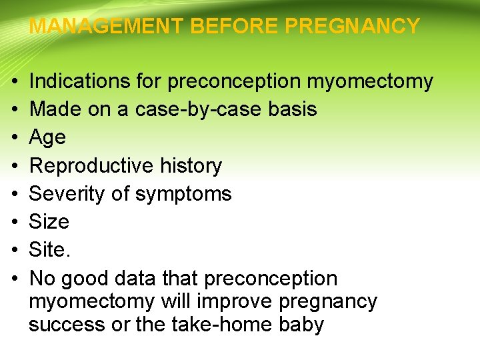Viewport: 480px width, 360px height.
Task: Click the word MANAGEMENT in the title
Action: point(107,27)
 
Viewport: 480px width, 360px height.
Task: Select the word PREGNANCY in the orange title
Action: point(353,27)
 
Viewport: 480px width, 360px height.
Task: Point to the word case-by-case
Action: point(199,109)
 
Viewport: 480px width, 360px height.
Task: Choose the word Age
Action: point(48,138)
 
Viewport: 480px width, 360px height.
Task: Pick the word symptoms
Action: point(183,194)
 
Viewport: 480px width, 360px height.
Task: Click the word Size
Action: point(49,221)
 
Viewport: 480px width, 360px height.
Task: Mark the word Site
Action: point(49,249)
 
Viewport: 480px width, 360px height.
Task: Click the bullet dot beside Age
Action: point(15,138)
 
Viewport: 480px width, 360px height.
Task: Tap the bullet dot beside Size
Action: point(15,222)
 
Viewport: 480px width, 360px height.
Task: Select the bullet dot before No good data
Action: point(15,278)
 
